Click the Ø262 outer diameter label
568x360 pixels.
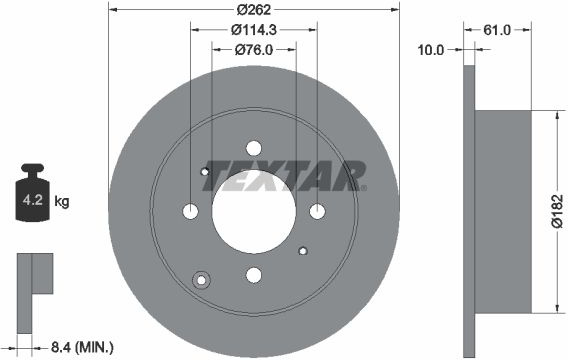pos(254,10)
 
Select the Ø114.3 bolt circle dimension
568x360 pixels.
pos(254,30)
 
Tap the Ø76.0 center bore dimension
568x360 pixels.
pos(254,50)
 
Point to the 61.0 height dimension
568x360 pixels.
pos(497,30)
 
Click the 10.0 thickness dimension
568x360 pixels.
pos(431,50)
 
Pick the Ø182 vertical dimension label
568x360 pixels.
pos(557,211)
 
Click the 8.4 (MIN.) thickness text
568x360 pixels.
pos(82,348)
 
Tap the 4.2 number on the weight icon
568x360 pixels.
pos(33,200)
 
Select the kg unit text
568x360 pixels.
pos(62,201)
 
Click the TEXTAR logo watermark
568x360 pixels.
pos(285,176)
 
